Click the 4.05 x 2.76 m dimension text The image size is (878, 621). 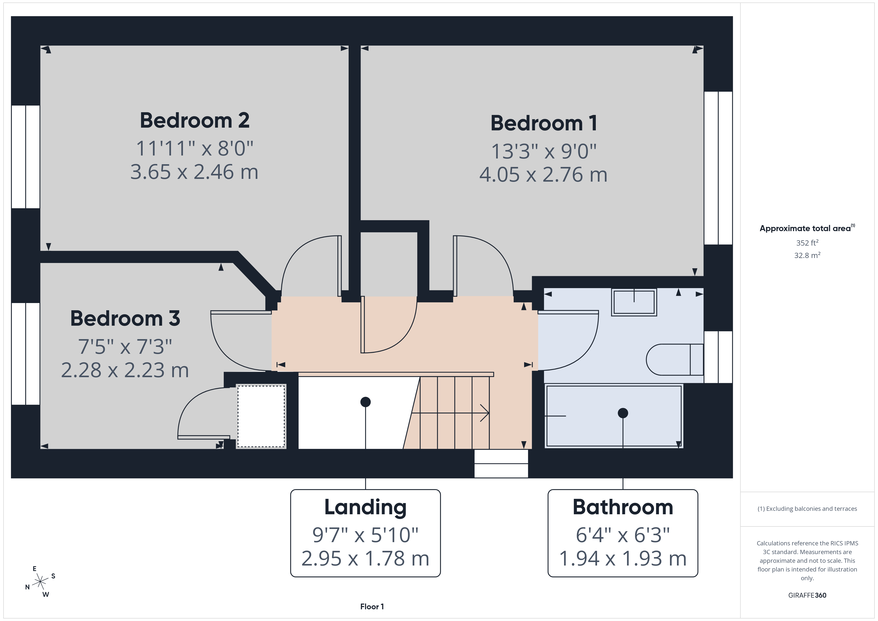pos(543,174)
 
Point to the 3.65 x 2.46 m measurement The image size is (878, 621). pos(194,172)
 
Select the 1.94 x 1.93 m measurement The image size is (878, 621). pos(623,558)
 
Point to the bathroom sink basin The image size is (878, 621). pos(634,302)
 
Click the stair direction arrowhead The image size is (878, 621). pos(485,413)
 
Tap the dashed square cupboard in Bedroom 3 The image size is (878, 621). pos(261,416)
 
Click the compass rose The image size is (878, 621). pos(40,582)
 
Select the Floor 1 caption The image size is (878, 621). pos(372,607)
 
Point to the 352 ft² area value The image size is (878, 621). pos(807,243)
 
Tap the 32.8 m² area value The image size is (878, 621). pos(807,255)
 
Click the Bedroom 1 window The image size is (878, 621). pos(718,168)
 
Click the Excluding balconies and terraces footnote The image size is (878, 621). pos(807,509)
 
